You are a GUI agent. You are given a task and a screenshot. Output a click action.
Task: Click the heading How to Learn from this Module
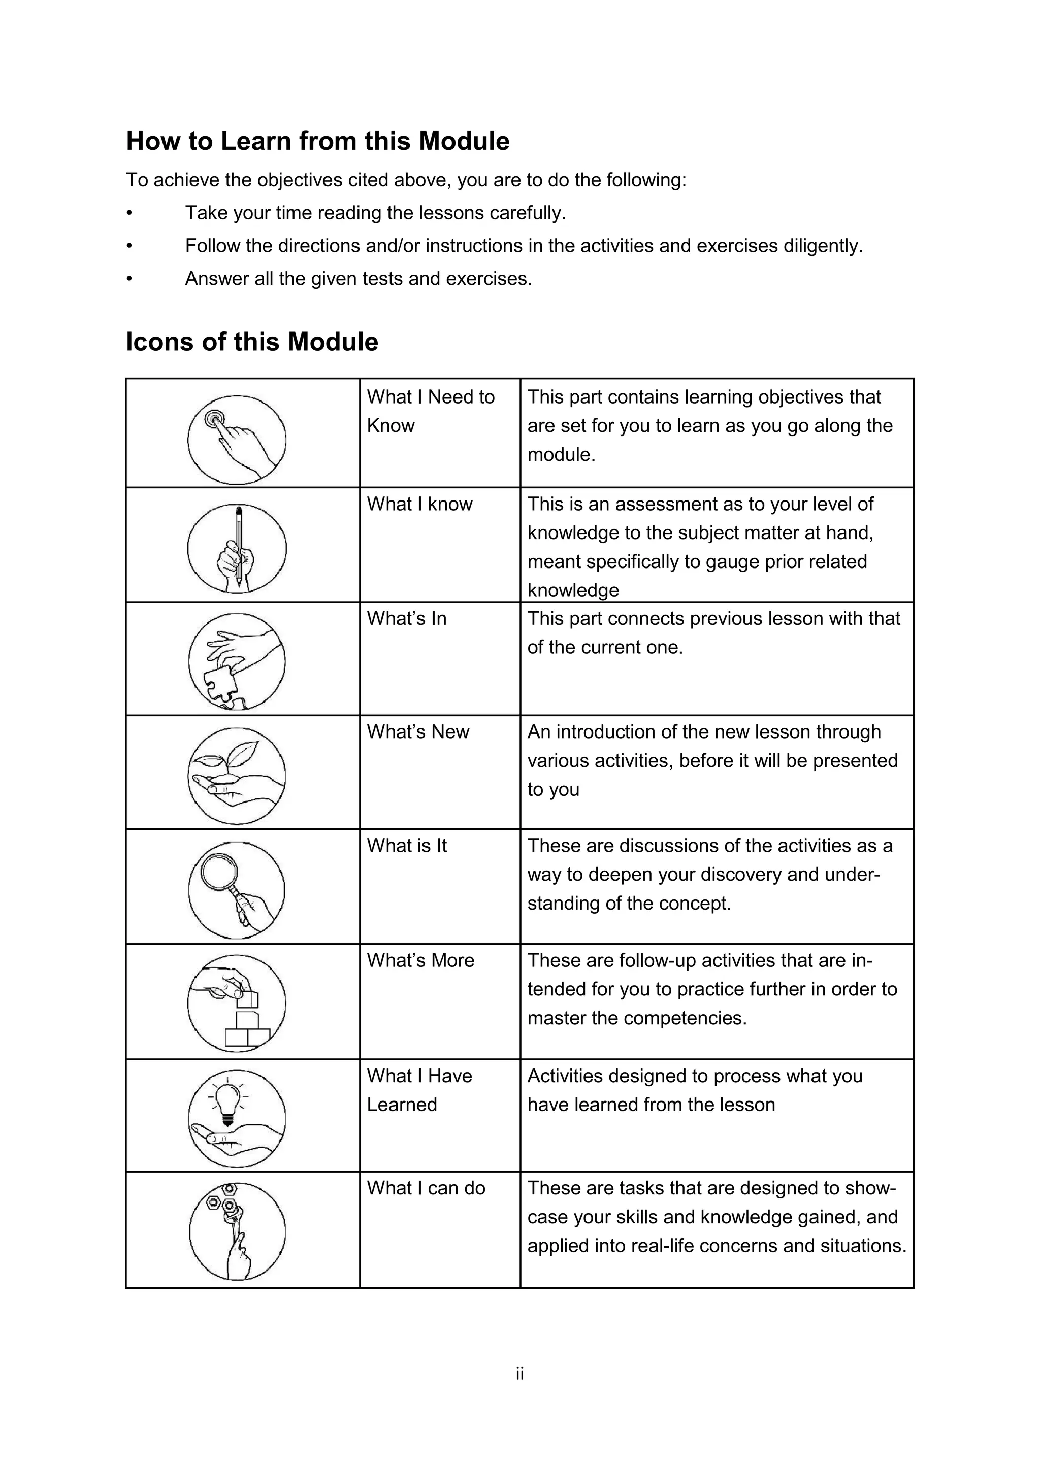point(317,141)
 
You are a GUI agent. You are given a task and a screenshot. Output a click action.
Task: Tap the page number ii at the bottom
point(519,1374)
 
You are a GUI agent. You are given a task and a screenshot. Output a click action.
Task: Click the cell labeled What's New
point(417,732)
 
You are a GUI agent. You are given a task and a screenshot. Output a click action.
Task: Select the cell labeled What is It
point(407,846)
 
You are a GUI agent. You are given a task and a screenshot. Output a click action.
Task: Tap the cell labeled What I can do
point(426,1188)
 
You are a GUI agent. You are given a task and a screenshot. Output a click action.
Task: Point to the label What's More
point(420,960)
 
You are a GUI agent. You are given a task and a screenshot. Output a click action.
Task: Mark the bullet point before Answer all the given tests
point(129,279)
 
